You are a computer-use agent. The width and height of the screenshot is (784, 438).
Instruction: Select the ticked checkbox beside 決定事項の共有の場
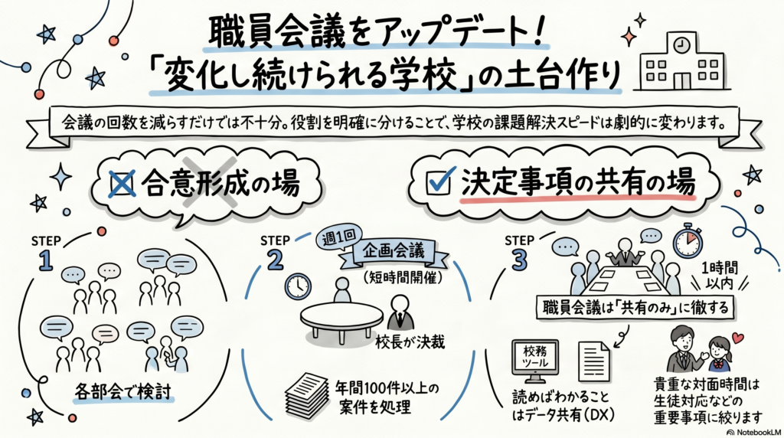(x=437, y=183)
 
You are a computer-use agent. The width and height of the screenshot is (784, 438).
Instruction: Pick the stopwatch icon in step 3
(x=688, y=242)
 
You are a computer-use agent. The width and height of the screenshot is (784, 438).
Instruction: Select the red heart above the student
(x=737, y=337)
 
